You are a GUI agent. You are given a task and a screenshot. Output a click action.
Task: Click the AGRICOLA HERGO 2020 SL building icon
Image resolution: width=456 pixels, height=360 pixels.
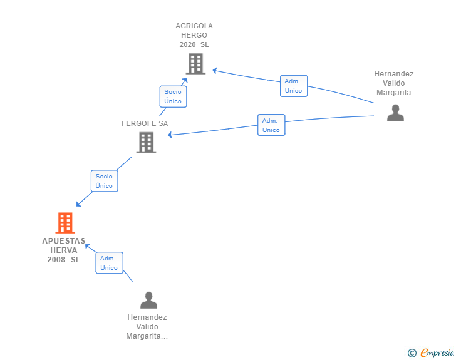click(195, 64)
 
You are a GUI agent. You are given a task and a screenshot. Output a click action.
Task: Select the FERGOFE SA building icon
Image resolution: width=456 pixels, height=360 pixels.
click(147, 143)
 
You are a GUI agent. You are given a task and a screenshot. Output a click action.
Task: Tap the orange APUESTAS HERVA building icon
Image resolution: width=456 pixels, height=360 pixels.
click(65, 223)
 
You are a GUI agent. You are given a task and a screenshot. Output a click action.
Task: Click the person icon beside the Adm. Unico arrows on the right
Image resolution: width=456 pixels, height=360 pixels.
click(395, 113)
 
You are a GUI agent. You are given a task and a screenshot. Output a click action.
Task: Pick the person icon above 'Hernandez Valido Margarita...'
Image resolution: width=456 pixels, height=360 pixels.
click(148, 300)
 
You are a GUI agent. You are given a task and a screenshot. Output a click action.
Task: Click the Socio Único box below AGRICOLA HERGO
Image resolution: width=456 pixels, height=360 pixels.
click(173, 96)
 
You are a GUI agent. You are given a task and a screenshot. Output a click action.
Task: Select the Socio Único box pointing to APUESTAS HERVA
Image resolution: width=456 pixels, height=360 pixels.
click(105, 181)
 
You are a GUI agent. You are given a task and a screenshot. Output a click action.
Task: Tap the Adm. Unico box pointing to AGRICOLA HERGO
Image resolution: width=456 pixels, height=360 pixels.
click(294, 86)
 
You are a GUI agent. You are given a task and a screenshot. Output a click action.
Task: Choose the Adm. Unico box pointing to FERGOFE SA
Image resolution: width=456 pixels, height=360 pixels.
click(271, 125)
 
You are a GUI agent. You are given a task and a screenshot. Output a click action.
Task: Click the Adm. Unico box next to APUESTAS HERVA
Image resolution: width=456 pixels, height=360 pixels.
click(110, 263)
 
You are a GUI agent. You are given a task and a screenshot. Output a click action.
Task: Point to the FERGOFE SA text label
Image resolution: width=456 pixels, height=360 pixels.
click(145, 123)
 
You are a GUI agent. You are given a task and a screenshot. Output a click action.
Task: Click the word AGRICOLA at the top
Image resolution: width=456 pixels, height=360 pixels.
click(194, 26)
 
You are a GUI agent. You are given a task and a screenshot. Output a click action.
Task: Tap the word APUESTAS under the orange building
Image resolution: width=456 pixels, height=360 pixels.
click(64, 241)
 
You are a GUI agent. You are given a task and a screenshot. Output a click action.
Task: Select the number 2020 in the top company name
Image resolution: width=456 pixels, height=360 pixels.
click(187, 44)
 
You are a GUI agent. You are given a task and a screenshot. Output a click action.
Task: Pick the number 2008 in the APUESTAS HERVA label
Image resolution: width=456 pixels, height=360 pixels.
click(56, 260)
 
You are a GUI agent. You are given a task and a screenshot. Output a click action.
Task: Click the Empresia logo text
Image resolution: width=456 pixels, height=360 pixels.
click(437, 352)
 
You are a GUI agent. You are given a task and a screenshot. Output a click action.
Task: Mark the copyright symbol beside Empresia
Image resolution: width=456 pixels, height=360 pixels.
click(412, 353)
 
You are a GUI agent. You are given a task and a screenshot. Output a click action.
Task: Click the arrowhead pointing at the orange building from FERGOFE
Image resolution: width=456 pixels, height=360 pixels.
click(78, 204)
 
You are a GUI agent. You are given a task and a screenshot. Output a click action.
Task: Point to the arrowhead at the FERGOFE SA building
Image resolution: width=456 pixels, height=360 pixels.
click(170, 135)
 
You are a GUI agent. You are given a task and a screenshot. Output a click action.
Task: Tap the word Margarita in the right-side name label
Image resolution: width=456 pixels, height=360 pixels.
click(394, 93)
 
